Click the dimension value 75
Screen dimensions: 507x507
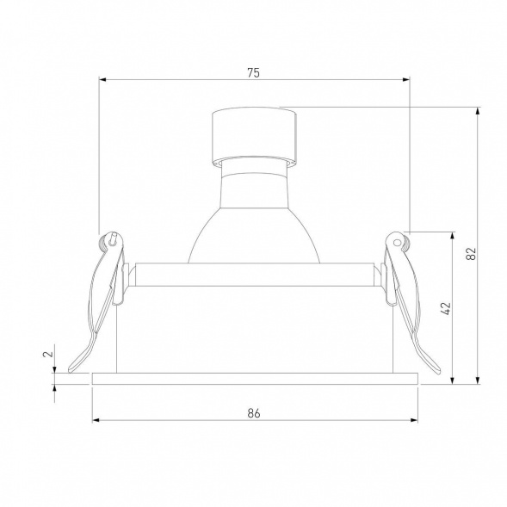[x=253, y=72]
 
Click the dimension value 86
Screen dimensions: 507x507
[x=253, y=412]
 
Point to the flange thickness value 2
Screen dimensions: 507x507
[x=50, y=353]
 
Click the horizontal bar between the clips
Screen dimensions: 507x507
[x=254, y=273]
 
